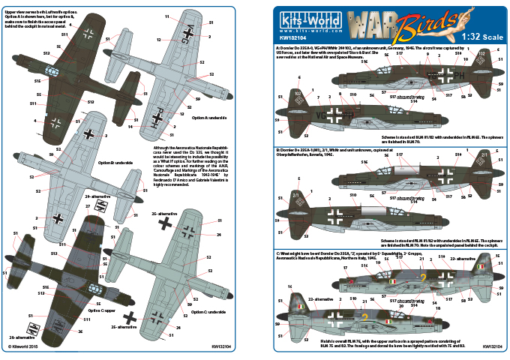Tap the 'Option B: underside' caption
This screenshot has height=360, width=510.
click(115, 162)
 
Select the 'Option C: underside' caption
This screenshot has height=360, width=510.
click(208, 309)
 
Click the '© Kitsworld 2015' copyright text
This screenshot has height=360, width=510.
click(24, 347)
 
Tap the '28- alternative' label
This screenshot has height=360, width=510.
click(23, 337)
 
